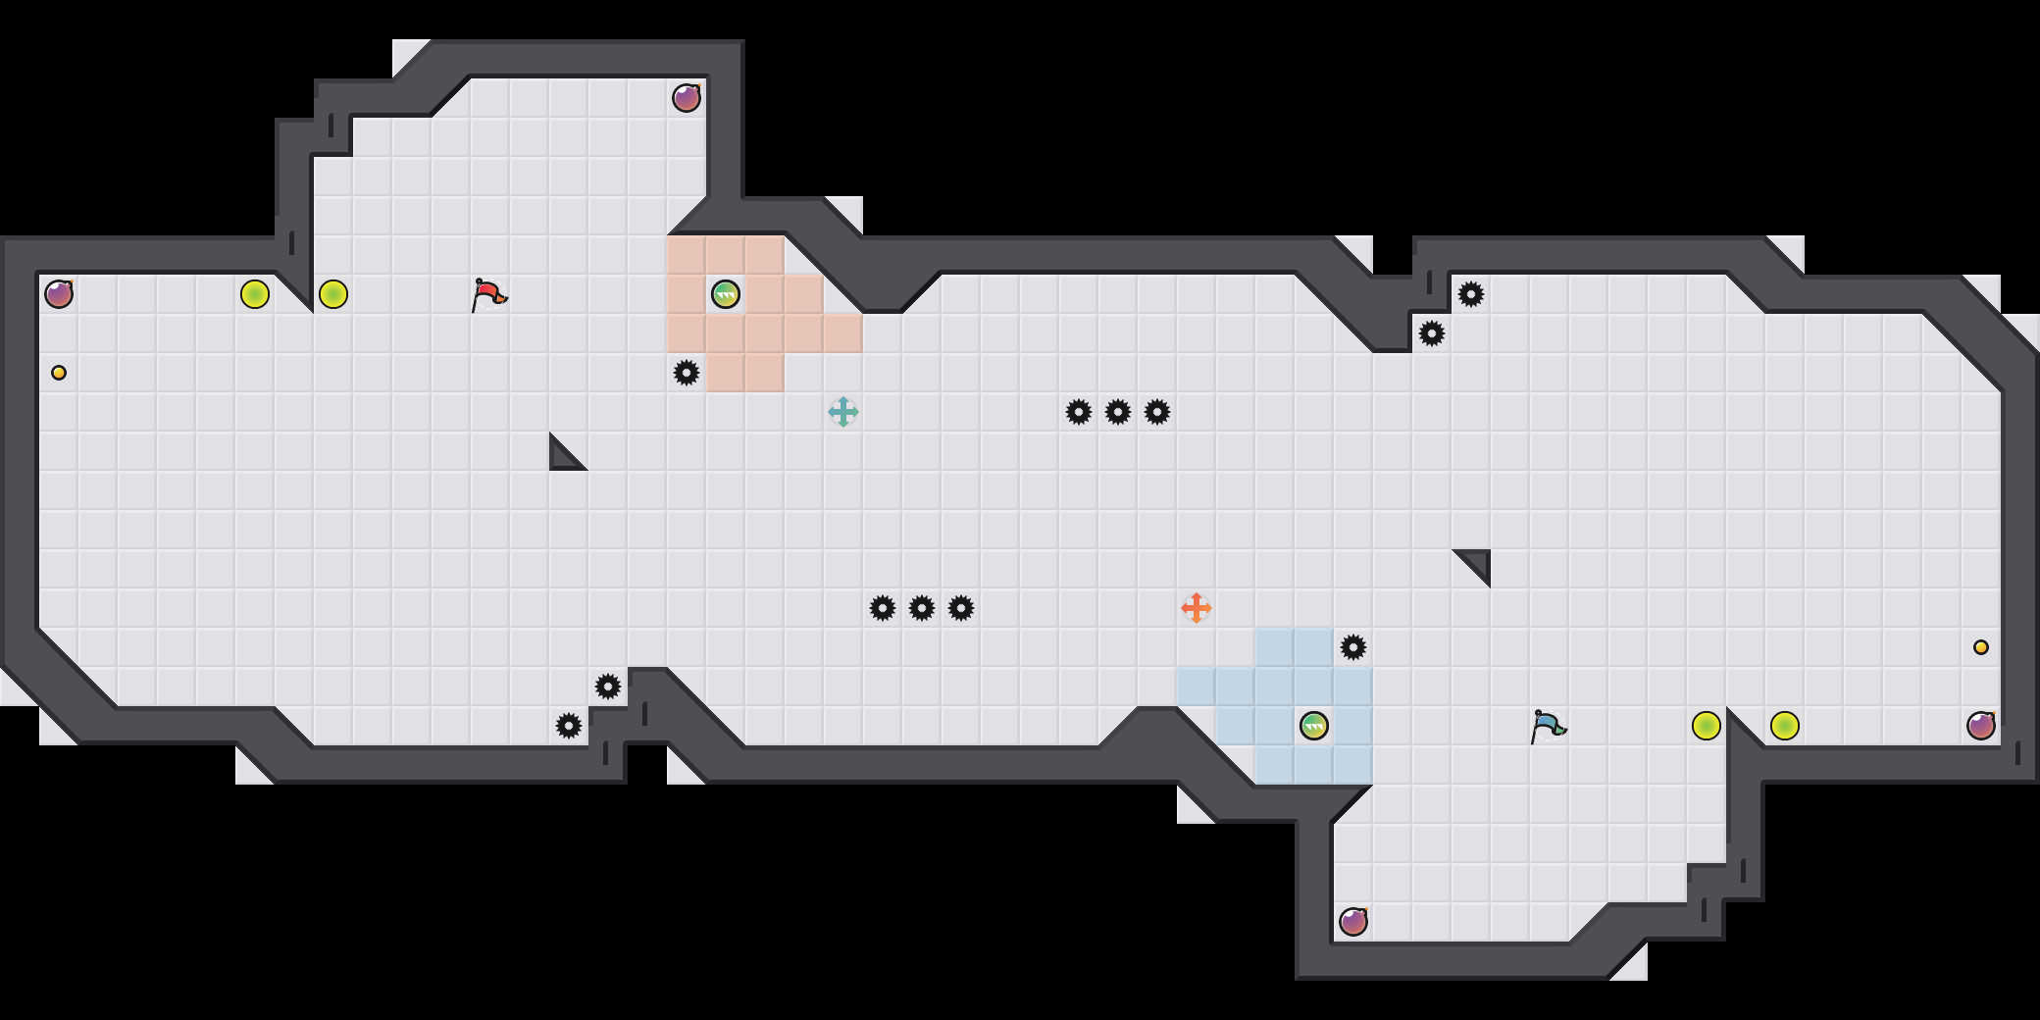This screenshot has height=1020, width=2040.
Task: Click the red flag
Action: coord(488,294)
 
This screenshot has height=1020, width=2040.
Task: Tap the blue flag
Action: coord(1548,726)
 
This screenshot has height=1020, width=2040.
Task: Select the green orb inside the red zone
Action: coord(726,294)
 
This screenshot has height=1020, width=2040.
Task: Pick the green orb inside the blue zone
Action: coord(1314,726)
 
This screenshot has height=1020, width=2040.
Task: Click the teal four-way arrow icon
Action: coord(843,412)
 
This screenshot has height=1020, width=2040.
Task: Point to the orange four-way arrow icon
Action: coord(1197,608)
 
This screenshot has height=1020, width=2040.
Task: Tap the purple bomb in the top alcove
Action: coord(687,98)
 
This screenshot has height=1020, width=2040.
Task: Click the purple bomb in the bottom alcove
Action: coord(1353,922)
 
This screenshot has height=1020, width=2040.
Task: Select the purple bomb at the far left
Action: coord(59,294)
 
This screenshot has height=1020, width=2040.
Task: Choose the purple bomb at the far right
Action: coord(1981,726)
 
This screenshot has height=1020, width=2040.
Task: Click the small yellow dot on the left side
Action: coord(59,373)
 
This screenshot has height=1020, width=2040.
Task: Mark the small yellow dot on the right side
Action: coord(1981,647)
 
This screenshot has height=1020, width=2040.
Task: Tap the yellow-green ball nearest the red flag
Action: coord(333,294)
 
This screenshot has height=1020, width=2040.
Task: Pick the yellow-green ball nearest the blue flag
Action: coord(1707,726)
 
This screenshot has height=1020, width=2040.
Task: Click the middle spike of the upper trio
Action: coord(1118,412)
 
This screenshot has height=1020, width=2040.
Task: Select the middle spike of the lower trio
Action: coord(922,608)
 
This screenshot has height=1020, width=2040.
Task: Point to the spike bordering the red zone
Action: coord(687,373)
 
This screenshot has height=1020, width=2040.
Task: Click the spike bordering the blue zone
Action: coord(1353,647)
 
